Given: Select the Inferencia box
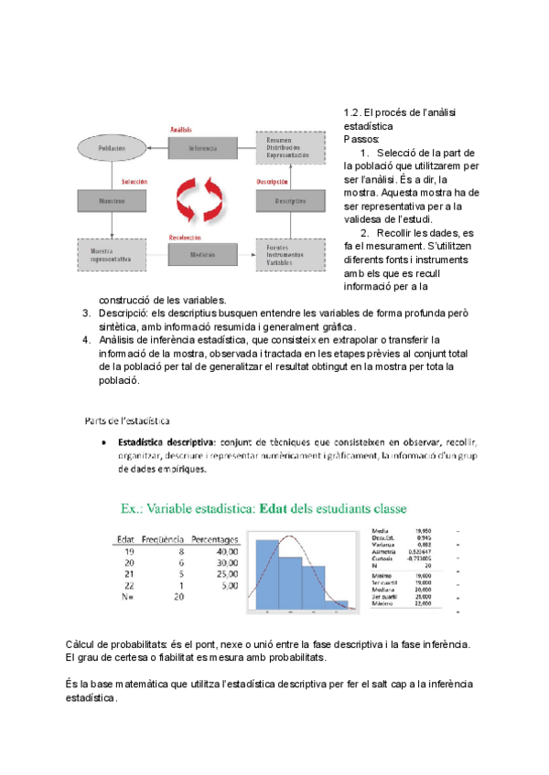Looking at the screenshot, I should pos(203,147).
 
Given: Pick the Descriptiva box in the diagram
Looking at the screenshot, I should pos(290,198).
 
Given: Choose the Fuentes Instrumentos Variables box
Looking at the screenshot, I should pos(290,254).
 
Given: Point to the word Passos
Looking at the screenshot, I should pos(361,139).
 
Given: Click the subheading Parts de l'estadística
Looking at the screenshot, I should pos(126,420).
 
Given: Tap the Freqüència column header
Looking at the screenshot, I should pos(164,539).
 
